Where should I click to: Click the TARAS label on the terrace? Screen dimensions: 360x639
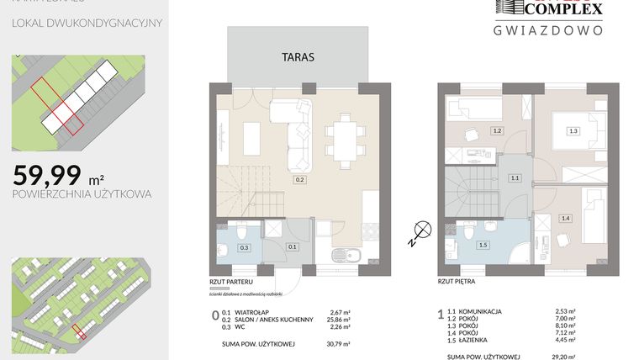298,58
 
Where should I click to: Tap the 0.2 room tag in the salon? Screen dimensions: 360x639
298,179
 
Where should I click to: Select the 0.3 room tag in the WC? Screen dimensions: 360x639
245,247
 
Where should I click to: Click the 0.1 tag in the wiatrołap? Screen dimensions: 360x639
293,246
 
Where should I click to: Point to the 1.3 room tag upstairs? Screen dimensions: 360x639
573,130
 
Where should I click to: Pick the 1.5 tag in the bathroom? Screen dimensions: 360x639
483,245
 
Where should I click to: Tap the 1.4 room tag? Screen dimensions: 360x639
565,218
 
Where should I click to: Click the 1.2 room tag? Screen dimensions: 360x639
497,130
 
